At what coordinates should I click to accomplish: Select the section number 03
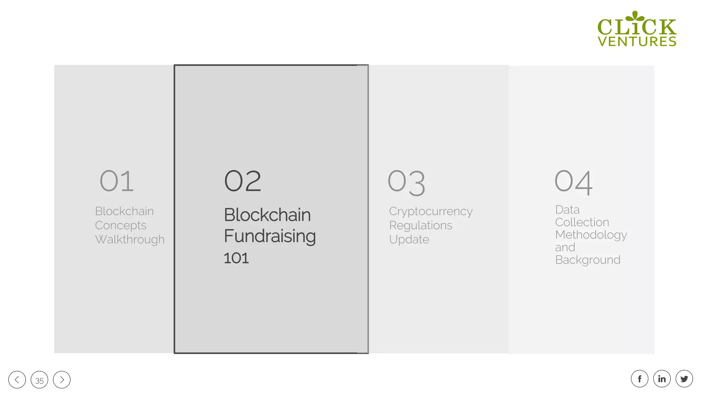(406, 182)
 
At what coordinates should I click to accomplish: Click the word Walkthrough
(130, 240)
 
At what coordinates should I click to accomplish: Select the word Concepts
(121, 225)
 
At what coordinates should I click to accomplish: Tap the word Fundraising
(270, 236)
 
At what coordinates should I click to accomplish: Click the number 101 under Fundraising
(236, 258)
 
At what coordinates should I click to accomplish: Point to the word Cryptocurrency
(431, 211)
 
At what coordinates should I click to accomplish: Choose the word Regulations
(421, 225)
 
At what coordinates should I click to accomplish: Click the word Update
(409, 240)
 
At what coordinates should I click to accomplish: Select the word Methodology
(591, 235)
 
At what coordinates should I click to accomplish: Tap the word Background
(588, 260)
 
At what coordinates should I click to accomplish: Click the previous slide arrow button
(17, 379)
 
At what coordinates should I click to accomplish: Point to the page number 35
(39, 380)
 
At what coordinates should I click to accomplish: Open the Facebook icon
(639, 379)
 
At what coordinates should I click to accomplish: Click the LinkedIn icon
(662, 379)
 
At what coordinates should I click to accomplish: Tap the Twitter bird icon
(684, 379)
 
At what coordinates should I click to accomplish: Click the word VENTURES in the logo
(637, 41)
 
